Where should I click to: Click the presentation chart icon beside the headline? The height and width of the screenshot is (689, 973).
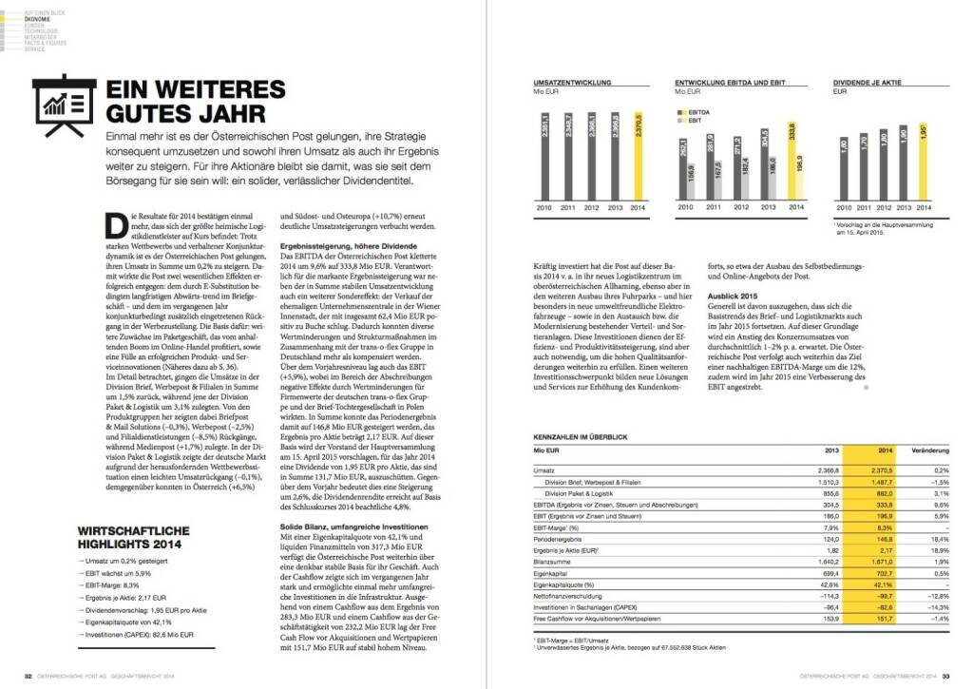click(64, 105)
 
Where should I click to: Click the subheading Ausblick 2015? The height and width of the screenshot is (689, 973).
click(733, 297)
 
